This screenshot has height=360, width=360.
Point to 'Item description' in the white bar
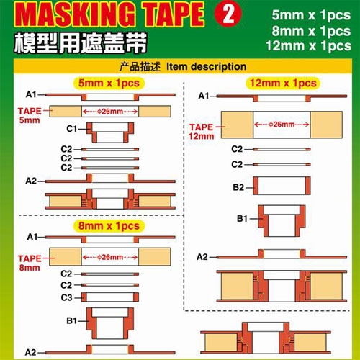coord(206,66)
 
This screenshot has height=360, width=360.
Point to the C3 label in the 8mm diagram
coord(66,297)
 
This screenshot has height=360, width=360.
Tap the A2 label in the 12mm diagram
coord(202,256)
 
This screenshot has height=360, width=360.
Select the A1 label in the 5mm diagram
coord(31,94)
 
